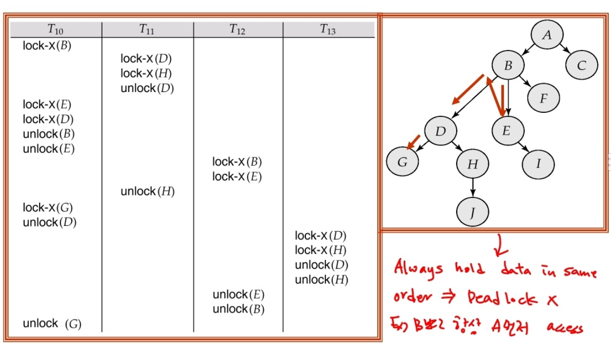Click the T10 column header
[55, 30]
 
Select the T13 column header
[328, 30]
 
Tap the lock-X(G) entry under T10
[48, 207]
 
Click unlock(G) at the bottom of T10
[52, 324]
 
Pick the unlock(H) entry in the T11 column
[148, 192]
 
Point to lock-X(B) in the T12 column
[237, 162]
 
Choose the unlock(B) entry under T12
[238, 309]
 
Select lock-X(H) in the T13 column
[320, 250]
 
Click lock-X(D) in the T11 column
[146, 59]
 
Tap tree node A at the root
[547, 35]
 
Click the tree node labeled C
[581, 66]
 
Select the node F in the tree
[544, 98]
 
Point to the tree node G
[402, 162]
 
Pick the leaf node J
[472, 212]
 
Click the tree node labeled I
[538, 164]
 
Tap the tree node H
[472, 164]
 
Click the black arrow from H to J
[472, 188]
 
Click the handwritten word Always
[418, 268]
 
